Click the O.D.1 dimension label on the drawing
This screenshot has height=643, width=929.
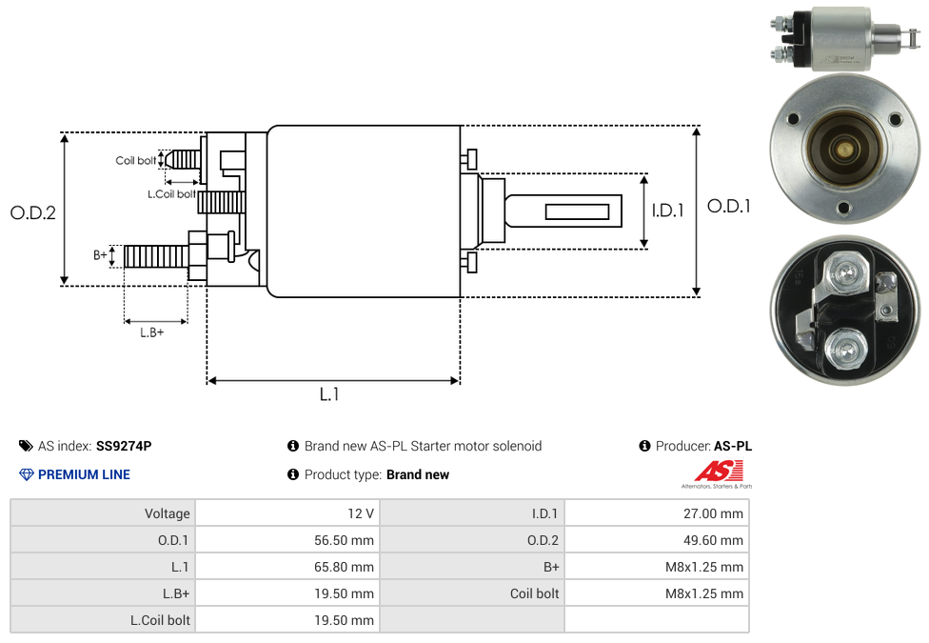728,206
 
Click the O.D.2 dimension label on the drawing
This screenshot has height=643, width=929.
33,212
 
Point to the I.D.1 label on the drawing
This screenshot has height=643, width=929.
667,211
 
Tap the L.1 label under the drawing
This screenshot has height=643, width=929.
329,394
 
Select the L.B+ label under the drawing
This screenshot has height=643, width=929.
152,332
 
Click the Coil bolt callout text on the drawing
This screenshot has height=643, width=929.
136,161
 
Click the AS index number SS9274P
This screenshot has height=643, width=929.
124,446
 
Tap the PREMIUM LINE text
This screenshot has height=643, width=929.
84,474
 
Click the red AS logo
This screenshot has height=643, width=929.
716,471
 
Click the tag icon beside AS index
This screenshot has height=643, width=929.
26,446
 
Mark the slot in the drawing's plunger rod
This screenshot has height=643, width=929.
578,211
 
